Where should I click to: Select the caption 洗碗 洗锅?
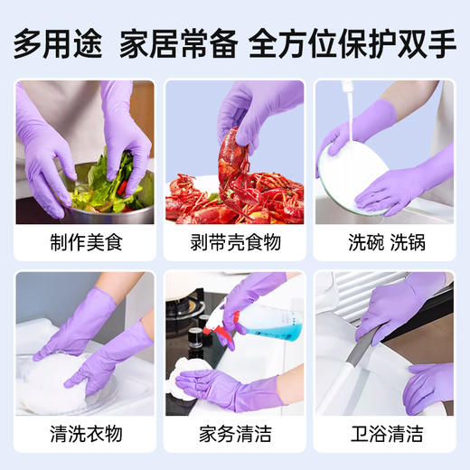383,241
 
